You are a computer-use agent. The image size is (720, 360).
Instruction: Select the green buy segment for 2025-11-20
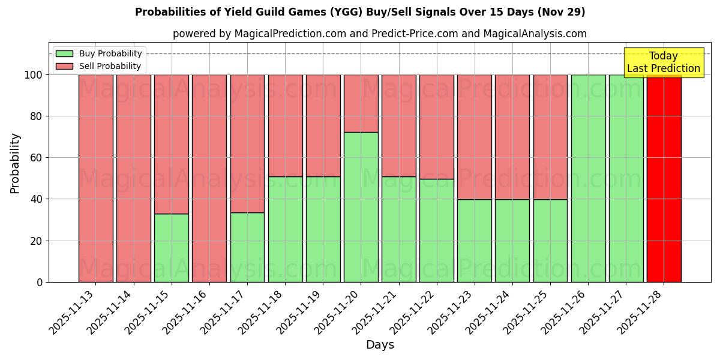pyautogui.click(x=361, y=207)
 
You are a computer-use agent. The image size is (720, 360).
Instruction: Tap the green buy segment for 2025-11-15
pyautogui.click(x=172, y=248)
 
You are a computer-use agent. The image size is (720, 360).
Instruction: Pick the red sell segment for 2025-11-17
pyautogui.click(x=247, y=143)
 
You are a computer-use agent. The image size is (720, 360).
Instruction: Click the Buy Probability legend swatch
pyautogui.click(x=64, y=53)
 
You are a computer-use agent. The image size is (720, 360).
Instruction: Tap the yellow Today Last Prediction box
pyautogui.click(x=664, y=62)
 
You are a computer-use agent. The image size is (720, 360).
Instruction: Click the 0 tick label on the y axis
pyautogui.click(x=40, y=282)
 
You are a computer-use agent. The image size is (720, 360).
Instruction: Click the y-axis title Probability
pyautogui.click(x=15, y=163)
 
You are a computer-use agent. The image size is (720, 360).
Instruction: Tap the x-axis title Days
pyautogui.click(x=380, y=345)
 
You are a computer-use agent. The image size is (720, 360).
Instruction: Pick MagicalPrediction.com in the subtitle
pyautogui.click(x=290, y=34)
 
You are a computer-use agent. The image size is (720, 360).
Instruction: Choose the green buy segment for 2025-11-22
pyautogui.click(x=437, y=230)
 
